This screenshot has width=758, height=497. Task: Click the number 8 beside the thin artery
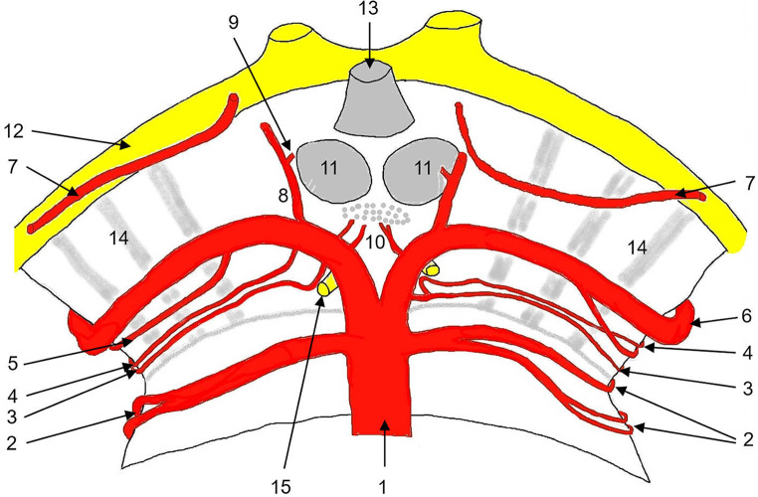pyautogui.click(x=282, y=199)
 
